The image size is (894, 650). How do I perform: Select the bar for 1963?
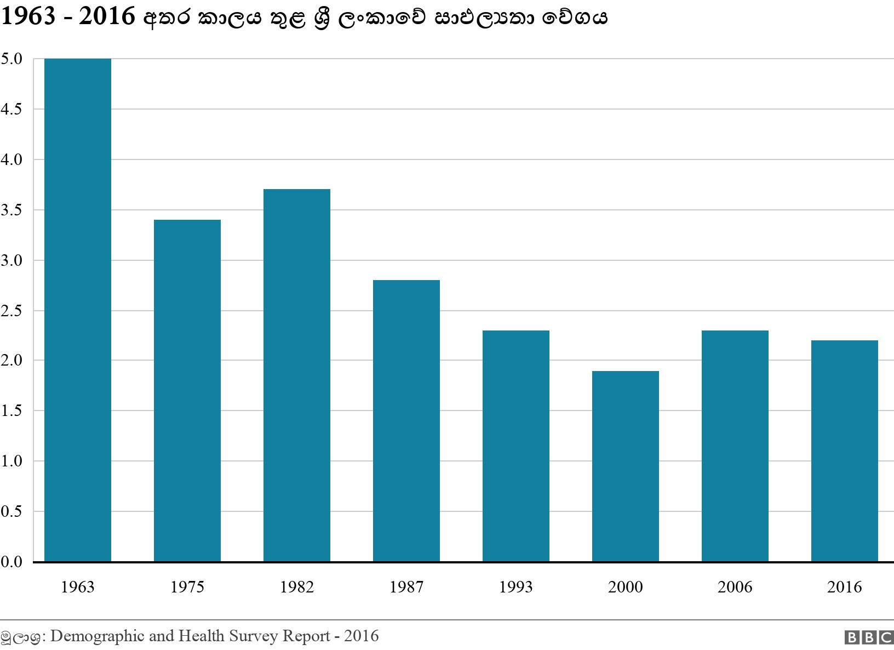pyautogui.click(x=78, y=310)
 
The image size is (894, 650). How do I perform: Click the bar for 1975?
pyautogui.click(x=187, y=390)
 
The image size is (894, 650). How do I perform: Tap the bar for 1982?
pyautogui.click(x=297, y=375)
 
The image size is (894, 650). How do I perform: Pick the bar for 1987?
pyautogui.click(x=406, y=421)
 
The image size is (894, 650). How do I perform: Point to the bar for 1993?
pyautogui.click(x=516, y=446)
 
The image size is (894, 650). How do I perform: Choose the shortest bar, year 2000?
pyautogui.click(x=626, y=466)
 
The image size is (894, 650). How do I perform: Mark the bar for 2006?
pyautogui.click(x=735, y=446)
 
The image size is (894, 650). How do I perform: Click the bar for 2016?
pyautogui.click(x=845, y=451)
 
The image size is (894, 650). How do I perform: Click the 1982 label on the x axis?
pyautogui.click(x=297, y=587)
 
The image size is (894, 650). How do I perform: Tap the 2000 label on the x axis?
pyautogui.click(x=626, y=587)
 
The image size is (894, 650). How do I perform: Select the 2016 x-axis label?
pyautogui.click(x=845, y=587)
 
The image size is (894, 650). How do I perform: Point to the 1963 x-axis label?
pyautogui.click(x=78, y=587)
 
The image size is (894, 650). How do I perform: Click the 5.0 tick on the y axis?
pyautogui.click(x=12, y=59)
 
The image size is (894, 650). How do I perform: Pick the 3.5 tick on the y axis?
pyautogui.click(x=12, y=210)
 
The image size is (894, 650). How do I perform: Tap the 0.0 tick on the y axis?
pyautogui.click(x=12, y=562)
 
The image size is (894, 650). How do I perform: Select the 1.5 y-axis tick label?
pyautogui.click(x=12, y=410)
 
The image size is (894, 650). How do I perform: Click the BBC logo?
pyautogui.click(x=869, y=637)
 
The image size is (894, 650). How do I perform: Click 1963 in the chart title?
pyautogui.click(x=28, y=18)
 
